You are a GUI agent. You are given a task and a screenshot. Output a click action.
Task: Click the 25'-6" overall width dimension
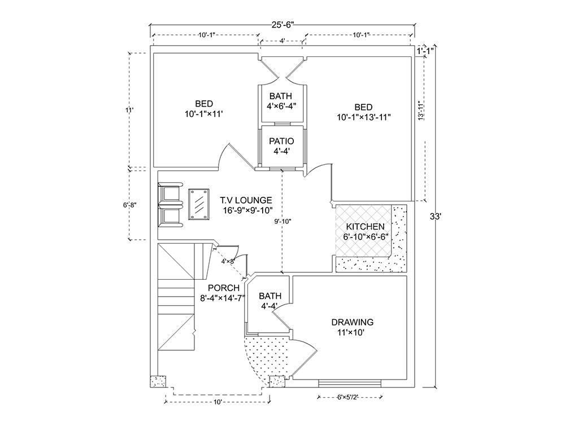click(x=282, y=24)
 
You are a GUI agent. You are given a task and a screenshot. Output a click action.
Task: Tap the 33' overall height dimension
click(x=434, y=216)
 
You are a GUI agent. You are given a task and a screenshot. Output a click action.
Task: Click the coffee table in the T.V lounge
click(x=199, y=203)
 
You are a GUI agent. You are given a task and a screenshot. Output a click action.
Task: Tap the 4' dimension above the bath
click(x=282, y=41)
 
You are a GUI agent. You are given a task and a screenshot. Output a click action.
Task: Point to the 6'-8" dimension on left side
click(x=129, y=205)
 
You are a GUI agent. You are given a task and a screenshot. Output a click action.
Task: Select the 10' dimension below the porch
click(x=218, y=402)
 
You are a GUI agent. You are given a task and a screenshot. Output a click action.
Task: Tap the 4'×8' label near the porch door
click(x=228, y=261)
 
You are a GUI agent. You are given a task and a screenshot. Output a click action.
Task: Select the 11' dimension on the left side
click(x=129, y=111)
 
